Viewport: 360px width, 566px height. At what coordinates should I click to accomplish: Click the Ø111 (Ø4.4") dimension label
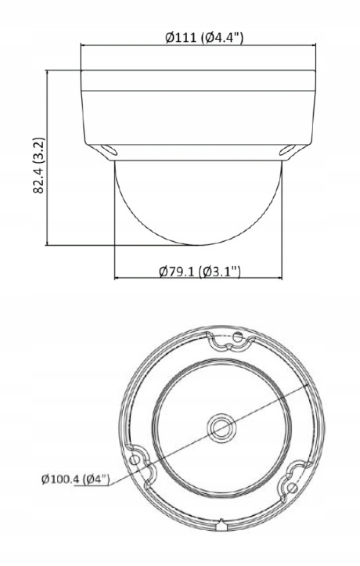pos(198,38)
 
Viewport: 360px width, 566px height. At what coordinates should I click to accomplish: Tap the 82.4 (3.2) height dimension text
pos(37,168)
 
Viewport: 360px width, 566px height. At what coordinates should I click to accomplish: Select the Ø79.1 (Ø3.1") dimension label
pos(198,271)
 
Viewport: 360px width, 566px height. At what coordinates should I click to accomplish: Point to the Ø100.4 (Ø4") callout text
pos(74,479)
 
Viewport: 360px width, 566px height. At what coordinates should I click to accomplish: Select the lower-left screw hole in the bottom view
pos(140,461)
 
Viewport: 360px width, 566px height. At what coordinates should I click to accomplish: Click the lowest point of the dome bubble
pos(198,246)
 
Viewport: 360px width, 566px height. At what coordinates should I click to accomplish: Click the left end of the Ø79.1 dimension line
pos(115,277)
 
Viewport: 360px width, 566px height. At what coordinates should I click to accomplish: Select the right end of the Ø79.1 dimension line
pos(282,277)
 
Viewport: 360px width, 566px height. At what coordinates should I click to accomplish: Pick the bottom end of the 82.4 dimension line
pos(49,246)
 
